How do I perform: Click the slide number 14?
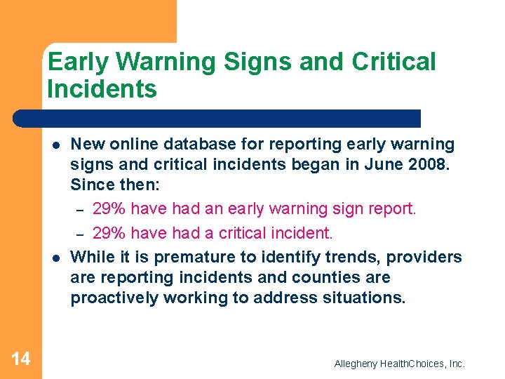tap(21, 359)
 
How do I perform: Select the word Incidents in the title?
tap(102, 89)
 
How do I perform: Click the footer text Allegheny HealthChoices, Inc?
tap(399, 364)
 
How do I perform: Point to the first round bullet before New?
tap(54, 145)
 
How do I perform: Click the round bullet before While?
tap(54, 257)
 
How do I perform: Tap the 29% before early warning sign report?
tap(109, 208)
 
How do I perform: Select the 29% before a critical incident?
tap(109, 232)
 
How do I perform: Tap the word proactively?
tap(114, 298)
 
